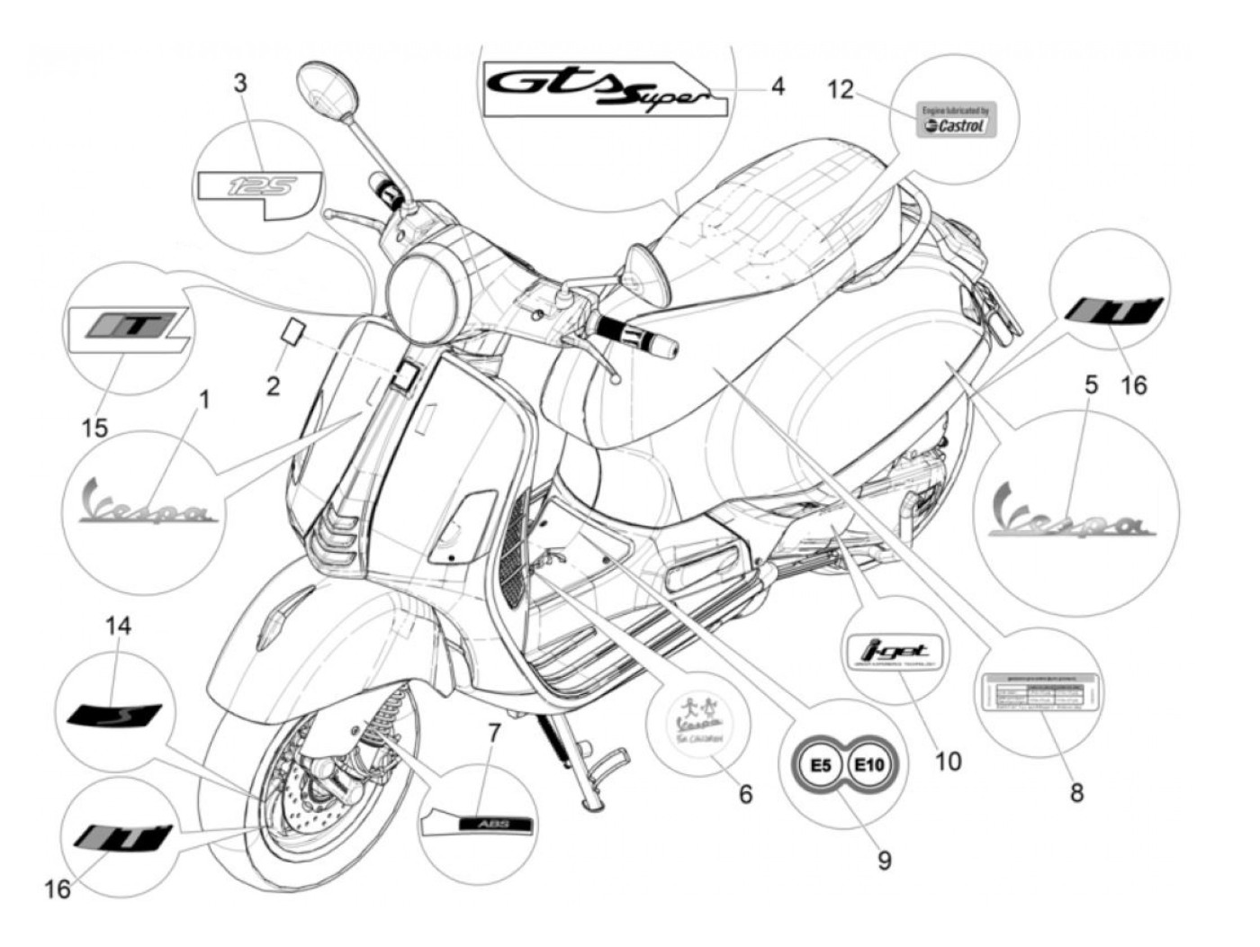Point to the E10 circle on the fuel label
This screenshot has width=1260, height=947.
click(x=868, y=766)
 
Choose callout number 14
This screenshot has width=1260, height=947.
click(x=117, y=625)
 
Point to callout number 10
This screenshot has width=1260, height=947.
click(x=948, y=762)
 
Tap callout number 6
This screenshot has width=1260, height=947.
click(x=745, y=793)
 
